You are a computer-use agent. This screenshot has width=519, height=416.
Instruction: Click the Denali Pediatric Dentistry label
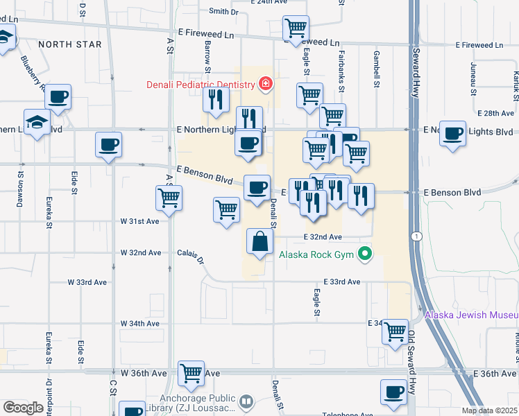coord(200,85)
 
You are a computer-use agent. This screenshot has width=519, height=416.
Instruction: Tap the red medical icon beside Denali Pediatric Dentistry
coord(264,85)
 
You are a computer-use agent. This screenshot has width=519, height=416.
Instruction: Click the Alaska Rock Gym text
coord(316,254)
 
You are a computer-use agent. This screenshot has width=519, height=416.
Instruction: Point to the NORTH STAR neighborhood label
coord(69,44)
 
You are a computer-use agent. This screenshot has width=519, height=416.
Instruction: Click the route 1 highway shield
coord(416,236)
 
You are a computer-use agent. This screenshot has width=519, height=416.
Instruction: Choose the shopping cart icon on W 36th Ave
coord(191,373)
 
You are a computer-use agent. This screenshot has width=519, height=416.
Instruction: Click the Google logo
coord(23,408)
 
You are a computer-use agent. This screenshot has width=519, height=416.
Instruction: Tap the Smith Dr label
coord(223,12)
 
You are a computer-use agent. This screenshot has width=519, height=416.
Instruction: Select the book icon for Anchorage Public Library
coord(245,401)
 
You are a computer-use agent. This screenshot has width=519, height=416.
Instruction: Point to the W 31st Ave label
coord(139,221)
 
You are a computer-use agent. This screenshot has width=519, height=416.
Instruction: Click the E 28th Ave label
coord(495,113)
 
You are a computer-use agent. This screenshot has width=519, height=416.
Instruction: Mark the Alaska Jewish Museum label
coord(471,315)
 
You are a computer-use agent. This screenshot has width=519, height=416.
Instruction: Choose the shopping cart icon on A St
coord(169,198)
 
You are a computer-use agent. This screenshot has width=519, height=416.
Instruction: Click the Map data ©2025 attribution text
coord(489,410)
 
